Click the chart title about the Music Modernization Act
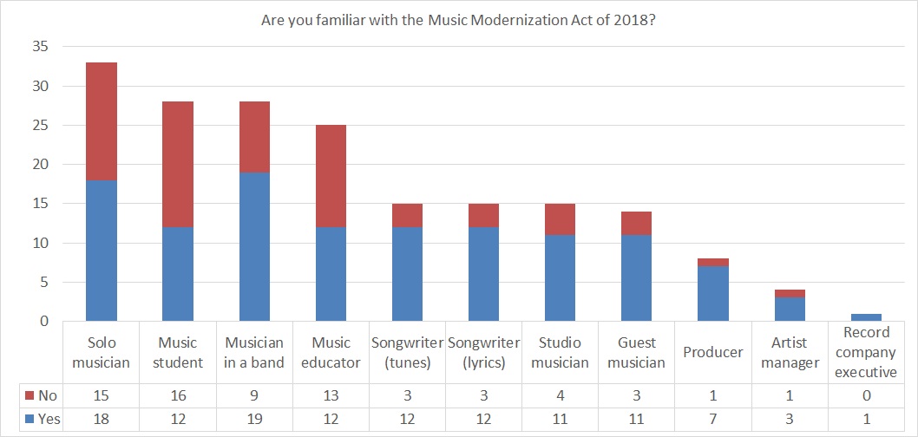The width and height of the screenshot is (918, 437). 458,18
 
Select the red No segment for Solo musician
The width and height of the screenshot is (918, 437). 102,121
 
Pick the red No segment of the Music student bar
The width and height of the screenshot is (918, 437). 178,165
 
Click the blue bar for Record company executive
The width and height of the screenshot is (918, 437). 866,317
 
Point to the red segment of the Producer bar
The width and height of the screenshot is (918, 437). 712,262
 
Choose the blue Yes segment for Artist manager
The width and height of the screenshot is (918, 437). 790,310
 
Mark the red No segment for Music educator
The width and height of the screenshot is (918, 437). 331,176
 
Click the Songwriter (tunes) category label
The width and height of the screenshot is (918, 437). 407,352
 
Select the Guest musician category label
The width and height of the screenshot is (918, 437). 636,352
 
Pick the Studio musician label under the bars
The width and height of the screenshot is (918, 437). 560,352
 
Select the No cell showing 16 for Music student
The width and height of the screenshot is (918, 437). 178,396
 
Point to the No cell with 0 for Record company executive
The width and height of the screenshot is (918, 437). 866,396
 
